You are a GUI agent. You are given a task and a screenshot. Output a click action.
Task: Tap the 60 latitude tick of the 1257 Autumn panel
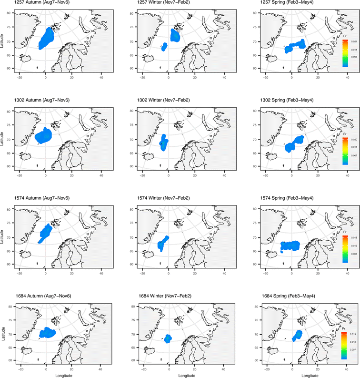(x=11, y=68)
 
